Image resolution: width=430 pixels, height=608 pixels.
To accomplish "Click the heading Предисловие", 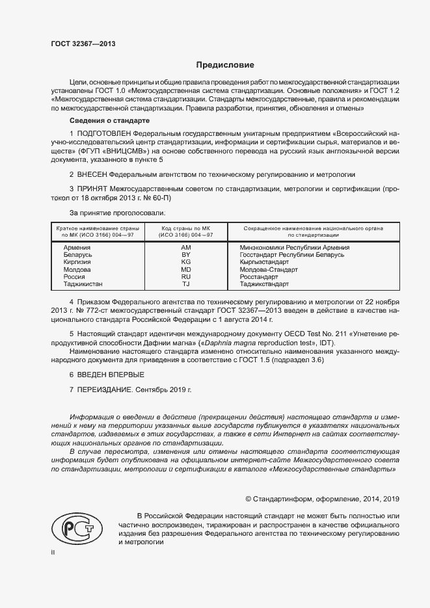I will point(225,65).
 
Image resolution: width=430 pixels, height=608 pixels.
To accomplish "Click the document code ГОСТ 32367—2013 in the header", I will point(83,44).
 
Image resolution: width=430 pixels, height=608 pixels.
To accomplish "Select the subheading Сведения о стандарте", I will point(109,121).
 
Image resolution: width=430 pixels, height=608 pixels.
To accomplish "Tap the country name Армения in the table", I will point(77,248).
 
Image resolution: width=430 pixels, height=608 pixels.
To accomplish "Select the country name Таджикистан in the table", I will point(83,284).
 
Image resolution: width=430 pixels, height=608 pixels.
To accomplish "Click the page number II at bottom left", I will point(53,553).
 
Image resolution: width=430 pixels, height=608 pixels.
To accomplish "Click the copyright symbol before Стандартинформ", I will point(249,499).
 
